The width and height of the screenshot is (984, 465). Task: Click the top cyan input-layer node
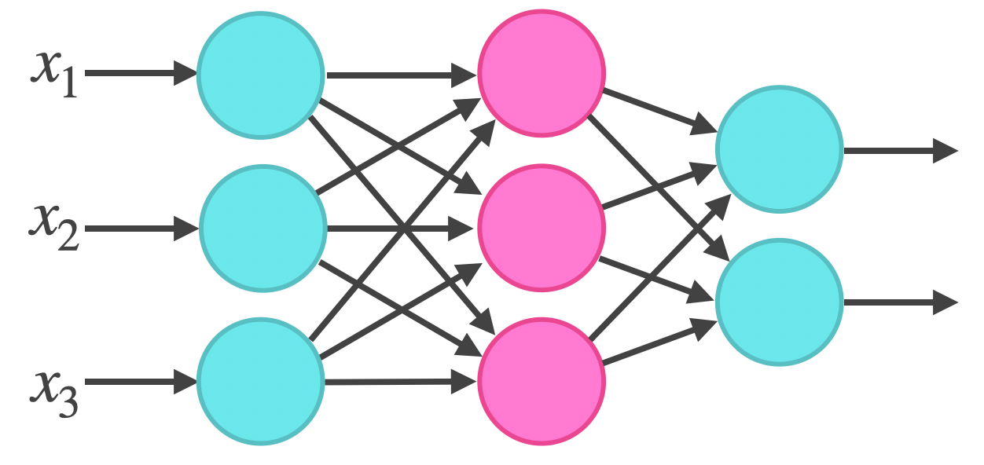[x=260, y=75]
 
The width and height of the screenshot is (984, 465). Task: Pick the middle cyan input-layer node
[x=263, y=229]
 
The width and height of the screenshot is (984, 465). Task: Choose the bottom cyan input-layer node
[x=260, y=381]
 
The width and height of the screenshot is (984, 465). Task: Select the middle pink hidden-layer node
[x=542, y=229]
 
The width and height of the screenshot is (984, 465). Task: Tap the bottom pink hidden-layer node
[x=542, y=381]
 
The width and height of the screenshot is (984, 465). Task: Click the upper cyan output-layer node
[x=779, y=149]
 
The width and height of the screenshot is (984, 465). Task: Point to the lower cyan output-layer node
[x=779, y=302]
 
